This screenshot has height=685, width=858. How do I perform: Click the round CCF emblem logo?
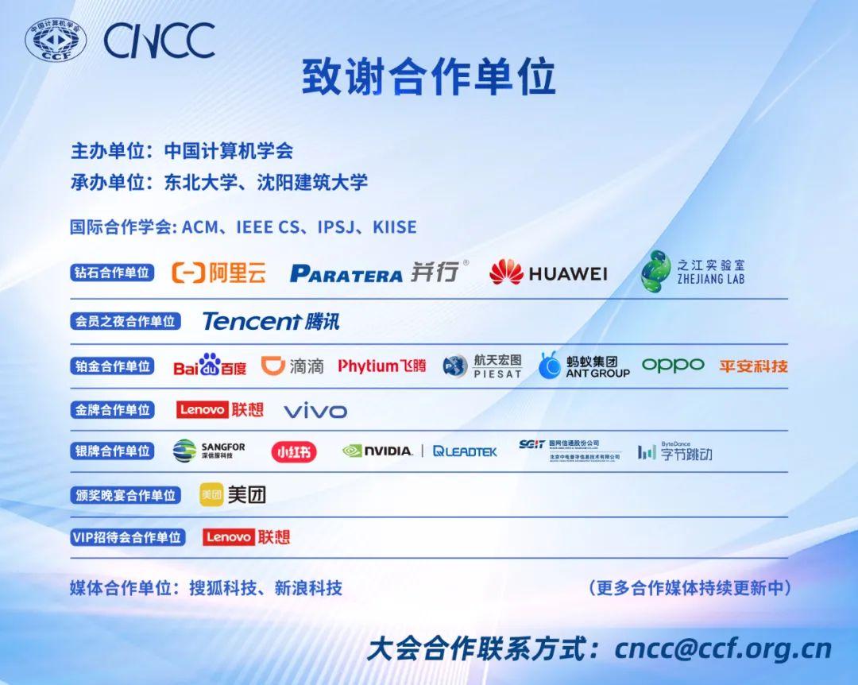pos(55,41)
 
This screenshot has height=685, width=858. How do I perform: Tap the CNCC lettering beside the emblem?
pos(159,41)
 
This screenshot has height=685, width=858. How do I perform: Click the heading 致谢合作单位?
pos(428,77)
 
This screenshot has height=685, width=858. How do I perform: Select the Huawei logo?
pos(548,273)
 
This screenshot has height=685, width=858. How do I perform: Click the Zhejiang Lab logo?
pos(693,272)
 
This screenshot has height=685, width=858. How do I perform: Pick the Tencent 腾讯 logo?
pos(271,321)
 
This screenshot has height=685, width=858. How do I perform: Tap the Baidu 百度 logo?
pos(210,366)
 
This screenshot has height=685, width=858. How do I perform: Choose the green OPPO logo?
pos(673,365)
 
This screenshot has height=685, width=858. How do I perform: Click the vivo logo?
pos(315,411)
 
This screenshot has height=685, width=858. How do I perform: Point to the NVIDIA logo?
pos(377,451)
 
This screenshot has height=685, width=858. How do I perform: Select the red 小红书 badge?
pos(293,451)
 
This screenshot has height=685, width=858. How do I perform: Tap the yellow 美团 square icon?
pos(211,494)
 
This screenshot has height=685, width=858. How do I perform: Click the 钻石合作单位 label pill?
pos(112,273)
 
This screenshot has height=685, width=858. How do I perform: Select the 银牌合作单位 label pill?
pos(112,451)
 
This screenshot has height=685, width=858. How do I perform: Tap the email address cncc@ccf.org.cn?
pos(723,648)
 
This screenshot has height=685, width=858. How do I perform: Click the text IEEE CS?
pos(266,227)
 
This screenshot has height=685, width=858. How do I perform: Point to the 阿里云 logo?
pos(219,273)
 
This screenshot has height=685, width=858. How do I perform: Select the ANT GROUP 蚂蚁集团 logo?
pos(584,366)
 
